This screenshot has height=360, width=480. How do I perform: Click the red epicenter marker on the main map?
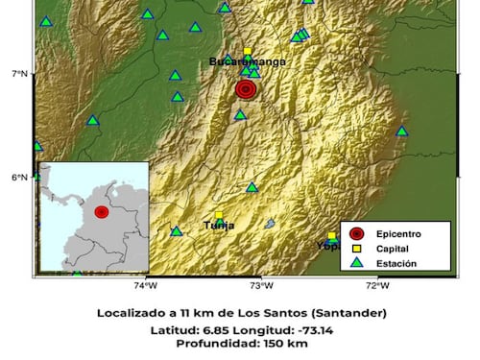coord(246,89)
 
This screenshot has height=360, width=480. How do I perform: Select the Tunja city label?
coord(219,226)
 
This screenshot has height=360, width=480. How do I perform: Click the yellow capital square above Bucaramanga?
coord(247,52)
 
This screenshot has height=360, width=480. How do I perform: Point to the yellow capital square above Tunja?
coord(219,215)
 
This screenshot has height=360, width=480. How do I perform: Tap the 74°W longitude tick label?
coord(145,285)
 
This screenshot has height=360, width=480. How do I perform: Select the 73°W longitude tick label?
coord(260,285)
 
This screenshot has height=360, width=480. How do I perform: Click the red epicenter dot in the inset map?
coord(101,212)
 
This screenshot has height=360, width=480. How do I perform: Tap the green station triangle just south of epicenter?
coord(240,115)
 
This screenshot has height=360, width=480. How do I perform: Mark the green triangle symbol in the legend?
coord(356,262)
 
